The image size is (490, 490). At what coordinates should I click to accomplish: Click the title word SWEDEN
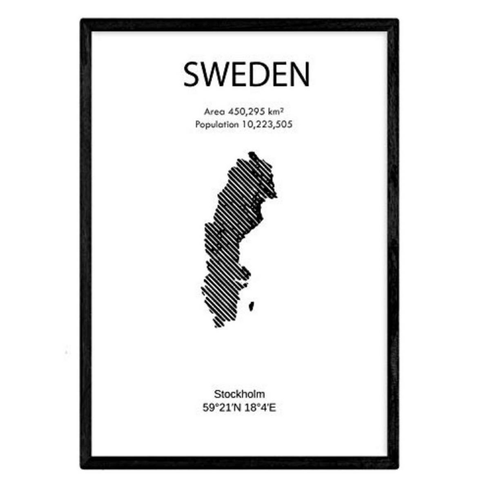246,75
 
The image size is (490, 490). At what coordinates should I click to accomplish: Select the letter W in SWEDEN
217,75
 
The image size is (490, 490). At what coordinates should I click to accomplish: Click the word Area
214,111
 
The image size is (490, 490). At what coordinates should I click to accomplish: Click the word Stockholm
239,394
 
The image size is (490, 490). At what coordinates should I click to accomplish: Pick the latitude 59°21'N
222,408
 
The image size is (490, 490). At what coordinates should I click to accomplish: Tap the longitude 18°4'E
260,408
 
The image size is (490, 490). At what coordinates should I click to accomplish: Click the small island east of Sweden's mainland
252,305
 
